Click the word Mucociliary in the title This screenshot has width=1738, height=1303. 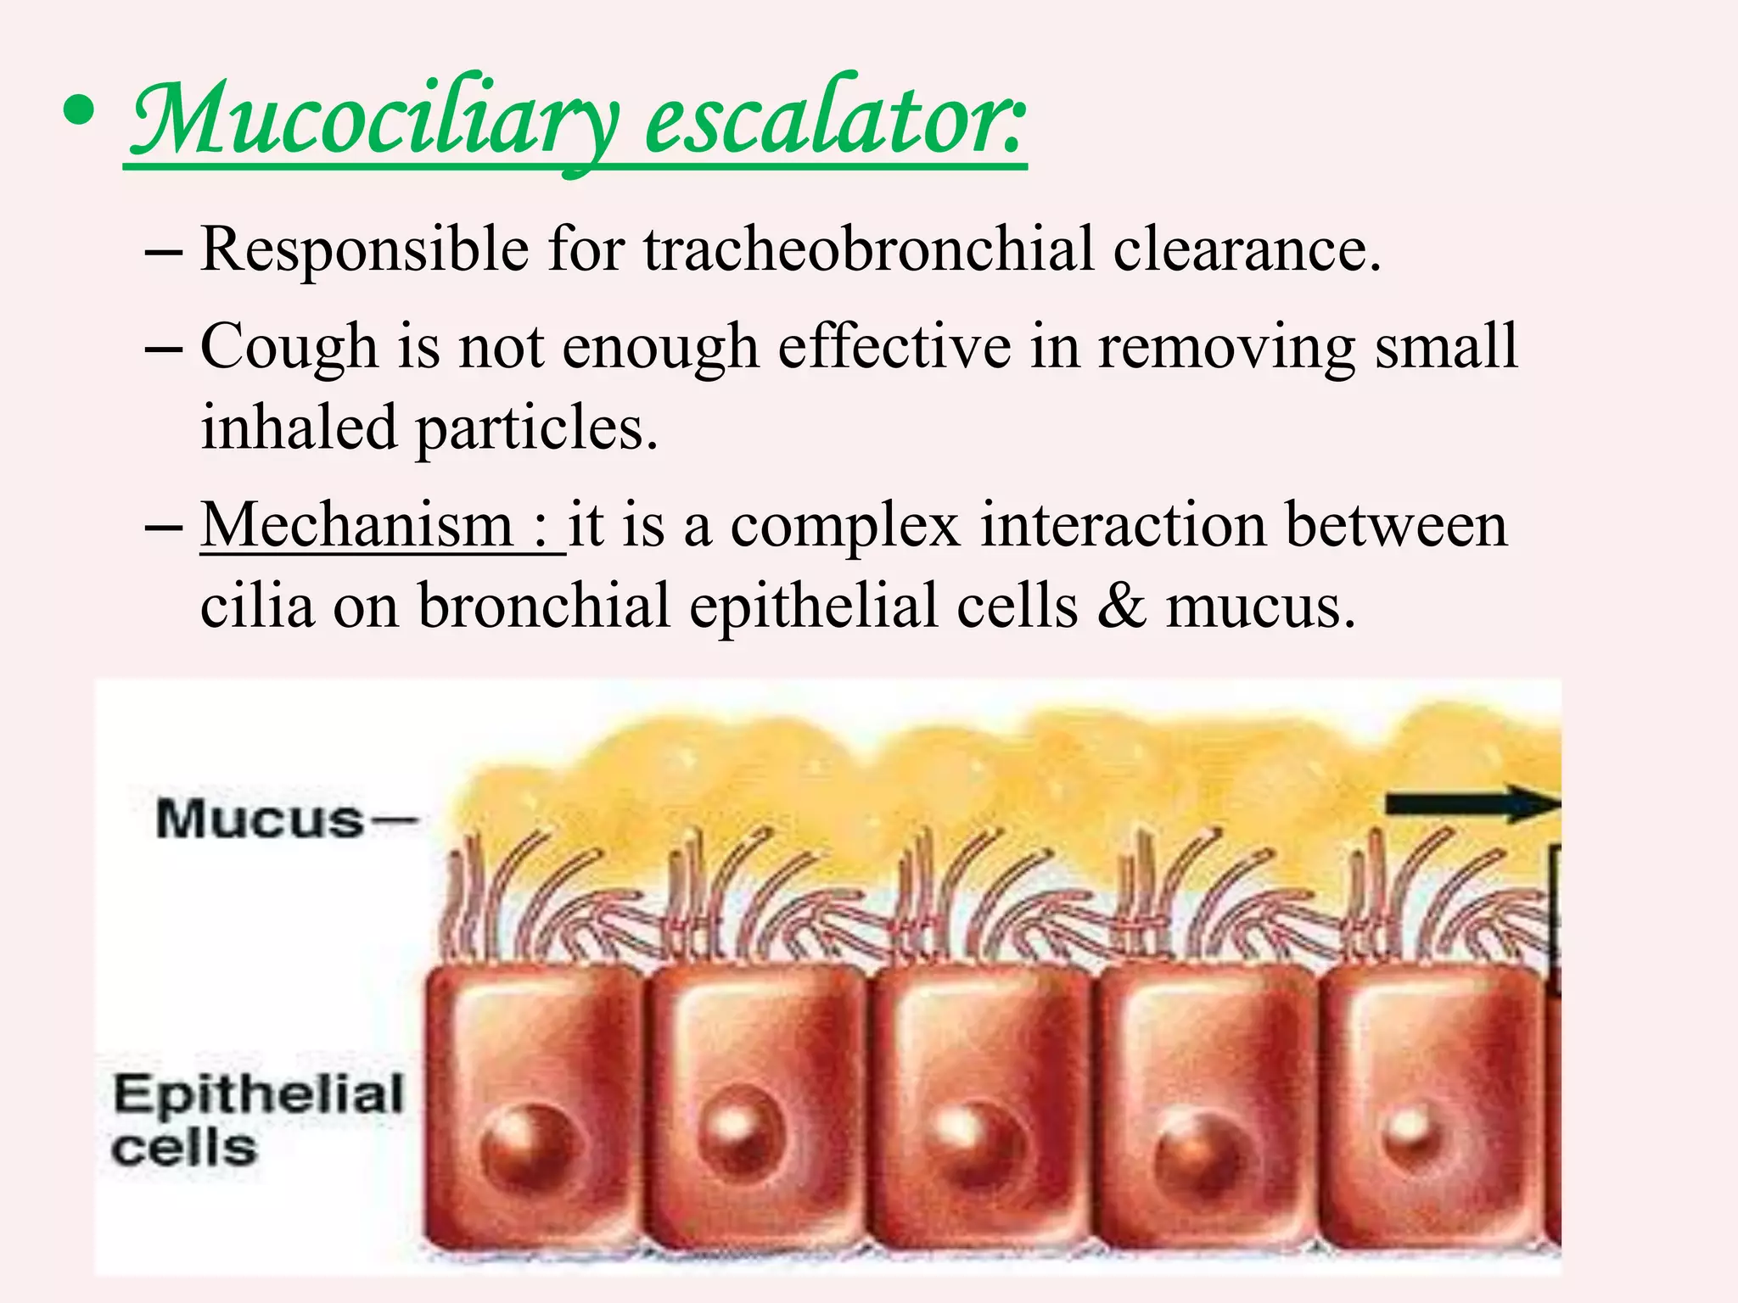[x=373, y=119]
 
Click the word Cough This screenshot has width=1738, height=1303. [x=289, y=348]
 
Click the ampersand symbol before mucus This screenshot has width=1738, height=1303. [x=1122, y=606]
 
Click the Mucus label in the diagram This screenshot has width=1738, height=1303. [x=260, y=819]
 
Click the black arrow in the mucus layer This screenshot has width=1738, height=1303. [x=1473, y=803]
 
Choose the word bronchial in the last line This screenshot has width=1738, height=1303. [x=543, y=606]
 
